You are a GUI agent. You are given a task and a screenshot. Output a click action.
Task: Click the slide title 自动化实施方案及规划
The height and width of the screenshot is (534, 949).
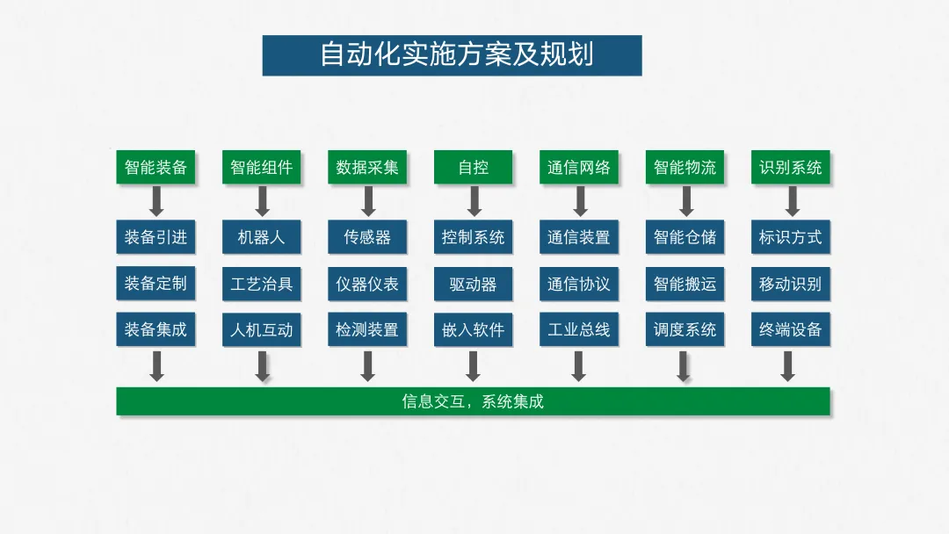coord(452,55)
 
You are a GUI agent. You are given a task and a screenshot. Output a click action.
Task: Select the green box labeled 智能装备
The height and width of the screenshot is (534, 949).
coord(156,167)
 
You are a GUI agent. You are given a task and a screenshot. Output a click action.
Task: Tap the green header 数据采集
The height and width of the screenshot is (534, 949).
coord(367,167)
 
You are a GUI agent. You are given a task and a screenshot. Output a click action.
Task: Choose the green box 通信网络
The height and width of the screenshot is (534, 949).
coord(578,167)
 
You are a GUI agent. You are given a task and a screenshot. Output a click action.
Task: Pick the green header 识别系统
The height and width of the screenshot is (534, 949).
coord(791,167)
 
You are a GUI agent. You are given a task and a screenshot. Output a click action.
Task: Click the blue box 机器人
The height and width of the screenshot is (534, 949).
coord(262,237)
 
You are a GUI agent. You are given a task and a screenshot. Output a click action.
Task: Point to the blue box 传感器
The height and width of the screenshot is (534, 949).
coord(367,237)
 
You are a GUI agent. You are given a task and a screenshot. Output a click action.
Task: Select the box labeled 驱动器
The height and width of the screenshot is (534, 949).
coord(473,284)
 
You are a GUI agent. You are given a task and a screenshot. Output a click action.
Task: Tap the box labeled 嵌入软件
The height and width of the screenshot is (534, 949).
coord(473,330)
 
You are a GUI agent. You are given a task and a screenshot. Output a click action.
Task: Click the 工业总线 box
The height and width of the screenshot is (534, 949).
coord(578,330)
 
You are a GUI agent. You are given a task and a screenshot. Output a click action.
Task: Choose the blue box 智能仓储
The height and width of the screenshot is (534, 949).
coord(685,237)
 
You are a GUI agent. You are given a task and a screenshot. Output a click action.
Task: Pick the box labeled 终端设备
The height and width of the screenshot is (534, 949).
coord(791,330)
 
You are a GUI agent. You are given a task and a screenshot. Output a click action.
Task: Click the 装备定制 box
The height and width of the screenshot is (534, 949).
coord(156,284)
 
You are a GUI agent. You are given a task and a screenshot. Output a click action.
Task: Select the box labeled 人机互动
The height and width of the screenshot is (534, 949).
coord(262,330)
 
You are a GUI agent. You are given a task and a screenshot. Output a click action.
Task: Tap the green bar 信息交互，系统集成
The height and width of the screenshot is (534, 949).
coord(473,401)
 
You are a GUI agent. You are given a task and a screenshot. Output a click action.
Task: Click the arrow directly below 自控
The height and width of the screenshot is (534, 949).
coord(474,200)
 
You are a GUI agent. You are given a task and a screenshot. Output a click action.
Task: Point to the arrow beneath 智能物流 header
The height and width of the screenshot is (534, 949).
coord(686,200)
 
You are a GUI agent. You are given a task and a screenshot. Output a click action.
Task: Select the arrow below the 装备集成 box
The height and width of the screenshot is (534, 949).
coord(156,365)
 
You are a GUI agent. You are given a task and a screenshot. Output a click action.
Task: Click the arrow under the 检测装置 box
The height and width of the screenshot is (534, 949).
coord(367,365)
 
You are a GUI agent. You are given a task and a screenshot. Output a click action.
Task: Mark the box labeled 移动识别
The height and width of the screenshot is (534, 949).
coord(791,284)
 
